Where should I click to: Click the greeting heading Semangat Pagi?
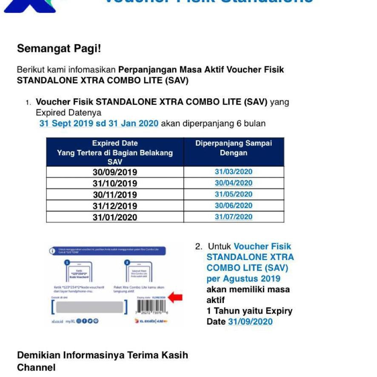[x=59, y=49]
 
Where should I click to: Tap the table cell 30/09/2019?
[x=115, y=172]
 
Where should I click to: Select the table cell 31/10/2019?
[x=115, y=183]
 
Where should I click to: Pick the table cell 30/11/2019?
[x=115, y=195]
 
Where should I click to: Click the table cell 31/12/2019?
[x=115, y=206]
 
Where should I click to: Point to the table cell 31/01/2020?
[x=115, y=217]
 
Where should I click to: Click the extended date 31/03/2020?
[x=234, y=172]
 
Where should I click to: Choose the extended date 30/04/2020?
[x=234, y=183]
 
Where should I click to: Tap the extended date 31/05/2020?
[x=234, y=194]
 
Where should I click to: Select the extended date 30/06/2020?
[x=234, y=206]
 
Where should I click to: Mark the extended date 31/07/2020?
[x=234, y=217]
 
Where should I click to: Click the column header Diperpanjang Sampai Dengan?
[x=234, y=148]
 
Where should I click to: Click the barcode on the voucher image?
[x=151, y=308]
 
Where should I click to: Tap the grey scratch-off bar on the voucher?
[x=90, y=307]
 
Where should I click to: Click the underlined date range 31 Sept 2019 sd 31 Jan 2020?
[x=99, y=124]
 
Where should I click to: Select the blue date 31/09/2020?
[x=250, y=322]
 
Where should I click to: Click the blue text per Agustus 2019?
[x=243, y=279]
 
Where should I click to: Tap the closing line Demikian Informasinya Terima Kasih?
[x=103, y=355]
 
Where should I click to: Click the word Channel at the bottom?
[x=36, y=367]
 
